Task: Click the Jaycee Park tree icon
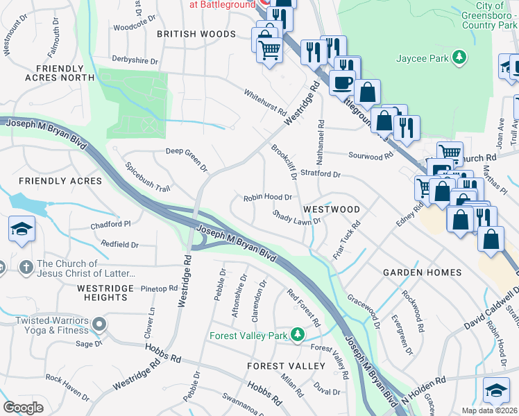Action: [458, 58]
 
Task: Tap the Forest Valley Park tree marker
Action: [298, 336]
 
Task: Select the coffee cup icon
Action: [341, 83]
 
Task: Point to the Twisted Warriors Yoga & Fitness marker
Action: [100, 324]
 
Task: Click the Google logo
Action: [24, 407]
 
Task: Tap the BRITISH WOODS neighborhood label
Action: [196, 33]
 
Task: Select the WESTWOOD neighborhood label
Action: [331, 209]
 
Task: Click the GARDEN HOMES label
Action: [422, 272]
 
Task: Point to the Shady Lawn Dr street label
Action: [296, 218]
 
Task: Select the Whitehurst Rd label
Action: [264, 102]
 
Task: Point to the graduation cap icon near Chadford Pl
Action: [22, 230]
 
